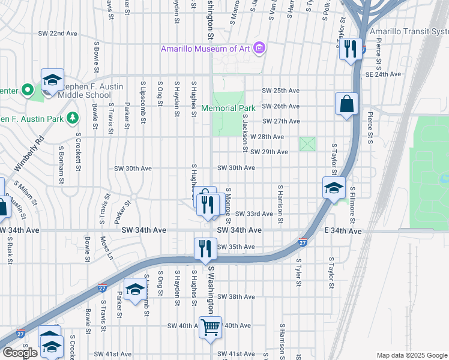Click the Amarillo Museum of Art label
(205, 49)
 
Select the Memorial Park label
(228, 108)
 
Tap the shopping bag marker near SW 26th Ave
(347, 104)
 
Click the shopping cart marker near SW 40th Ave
(211, 328)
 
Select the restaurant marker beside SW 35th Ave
(205, 248)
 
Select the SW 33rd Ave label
(254, 214)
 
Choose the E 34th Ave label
(345, 231)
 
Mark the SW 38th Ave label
(236, 297)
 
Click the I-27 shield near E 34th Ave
(303, 243)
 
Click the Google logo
(20, 353)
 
